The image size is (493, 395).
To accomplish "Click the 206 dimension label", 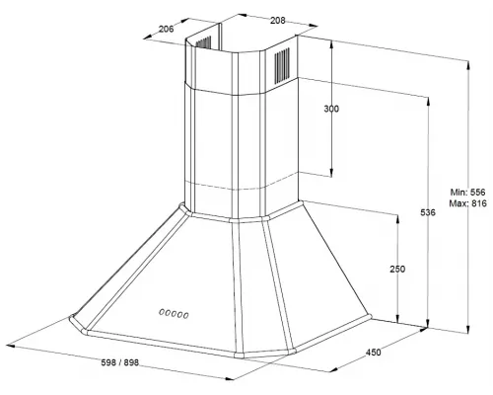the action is [x=166, y=29].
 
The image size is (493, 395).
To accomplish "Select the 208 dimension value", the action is [x=278, y=21].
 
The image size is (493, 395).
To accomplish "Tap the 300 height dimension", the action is [x=331, y=109].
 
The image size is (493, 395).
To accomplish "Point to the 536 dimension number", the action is [x=428, y=212].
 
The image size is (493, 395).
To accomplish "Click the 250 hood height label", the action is [x=397, y=269].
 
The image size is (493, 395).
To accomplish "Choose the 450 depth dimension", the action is [x=374, y=353].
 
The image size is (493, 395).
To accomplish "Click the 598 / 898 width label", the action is [x=120, y=362].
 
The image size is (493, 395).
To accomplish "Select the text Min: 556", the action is [x=467, y=192].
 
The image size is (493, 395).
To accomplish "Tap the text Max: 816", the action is [x=467, y=203].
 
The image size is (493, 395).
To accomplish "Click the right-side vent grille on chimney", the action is [x=282, y=65].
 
